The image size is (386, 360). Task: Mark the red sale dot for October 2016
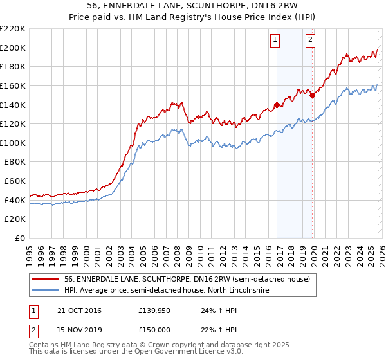277,105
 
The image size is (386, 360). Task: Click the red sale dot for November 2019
312,95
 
